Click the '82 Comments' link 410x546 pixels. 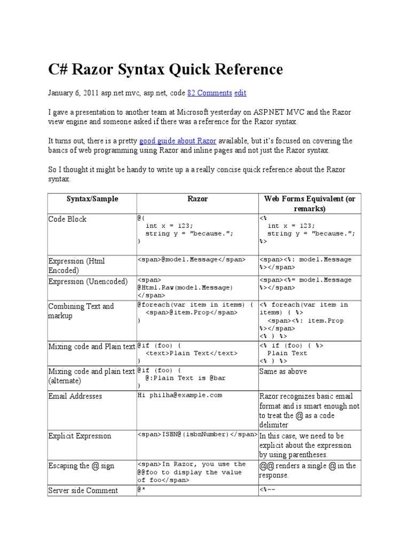[x=209, y=93]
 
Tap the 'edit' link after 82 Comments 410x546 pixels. [x=240, y=93]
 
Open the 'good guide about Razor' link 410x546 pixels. [x=170, y=141]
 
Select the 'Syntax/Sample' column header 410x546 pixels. [x=92, y=199]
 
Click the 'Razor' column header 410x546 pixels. [x=198, y=199]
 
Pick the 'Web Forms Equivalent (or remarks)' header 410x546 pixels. [x=310, y=204]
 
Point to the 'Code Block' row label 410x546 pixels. [x=67, y=219]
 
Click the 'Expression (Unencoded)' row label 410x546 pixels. [x=88, y=282]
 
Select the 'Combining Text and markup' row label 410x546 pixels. [x=81, y=311]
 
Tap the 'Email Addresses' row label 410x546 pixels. [x=75, y=396]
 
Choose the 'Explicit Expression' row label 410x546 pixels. [x=80, y=436]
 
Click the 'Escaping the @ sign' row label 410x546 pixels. [x=81, y=465]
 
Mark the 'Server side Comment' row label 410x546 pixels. [x=83, y=491]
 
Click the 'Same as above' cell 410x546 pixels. [x=283, y=371]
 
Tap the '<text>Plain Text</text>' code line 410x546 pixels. [x=192, y=353]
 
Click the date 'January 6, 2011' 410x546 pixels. [x=72, y=93]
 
